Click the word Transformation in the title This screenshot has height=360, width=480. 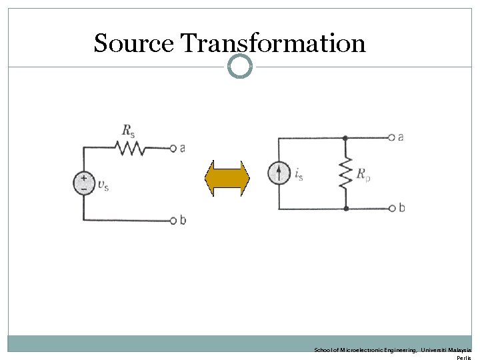[x=273, y=43]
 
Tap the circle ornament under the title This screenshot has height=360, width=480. [x=240, y=66]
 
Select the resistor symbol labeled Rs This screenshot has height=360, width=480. [x=132, y=147]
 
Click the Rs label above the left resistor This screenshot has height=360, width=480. [x=127, y=130]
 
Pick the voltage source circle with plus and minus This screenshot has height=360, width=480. [x=84, y=183]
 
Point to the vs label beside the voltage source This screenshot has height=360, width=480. [x=103, y=185]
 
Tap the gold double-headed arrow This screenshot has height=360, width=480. [x=226, y=178]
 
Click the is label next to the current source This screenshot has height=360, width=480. [x=298, y=175]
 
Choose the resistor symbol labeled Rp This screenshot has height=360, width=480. [x=345, y=173]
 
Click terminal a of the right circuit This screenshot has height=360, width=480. [x=391, y=137]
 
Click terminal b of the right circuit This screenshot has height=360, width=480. [x=391, y=209]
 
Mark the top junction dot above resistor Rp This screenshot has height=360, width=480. [x=345, y=137]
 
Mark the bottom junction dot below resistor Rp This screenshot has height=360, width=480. [x=345, y=209]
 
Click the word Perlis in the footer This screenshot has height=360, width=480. [x=463, y=357]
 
